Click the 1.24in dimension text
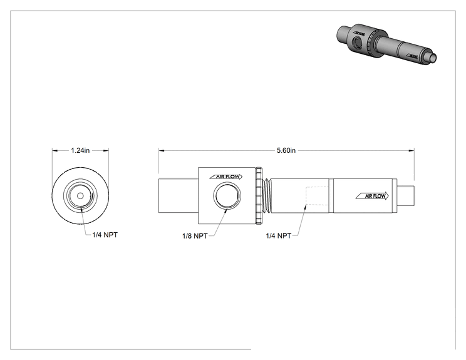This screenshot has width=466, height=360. pyautogui.click(x=80, y=151)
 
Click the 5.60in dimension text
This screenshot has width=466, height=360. pyautogui.click(x=286, y=151)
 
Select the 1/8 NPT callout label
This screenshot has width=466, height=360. pyautogui.click(x=195, y=236)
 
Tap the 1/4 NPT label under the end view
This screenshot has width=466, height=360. pyautogui.click(x=105, y=235)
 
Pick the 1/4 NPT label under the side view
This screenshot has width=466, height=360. pyautogui.click(x=279, y=236)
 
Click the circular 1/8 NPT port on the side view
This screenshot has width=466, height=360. pyautogui.click(x=227, y=196)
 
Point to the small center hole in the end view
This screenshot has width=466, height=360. pyautogui.click(x=80, y=196)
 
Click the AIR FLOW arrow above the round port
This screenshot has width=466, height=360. pyautogui.click(x=226, y=177)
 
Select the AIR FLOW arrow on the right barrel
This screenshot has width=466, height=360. pyautogui.click(x=373, y=196)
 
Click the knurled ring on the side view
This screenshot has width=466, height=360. pyautogui.click(x=259, y=196)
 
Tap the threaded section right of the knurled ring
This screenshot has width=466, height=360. pyautogui.click(x=267, y=196)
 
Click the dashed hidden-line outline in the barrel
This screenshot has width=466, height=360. pyautogui.click(x=317, y=196)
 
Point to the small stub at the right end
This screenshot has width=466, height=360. pyautogui.click(x=406, y=196)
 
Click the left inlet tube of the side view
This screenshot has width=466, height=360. pyautogui.click(x=179, y=196)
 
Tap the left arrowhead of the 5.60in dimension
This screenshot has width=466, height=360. pyautogui.click(x=162, y=151)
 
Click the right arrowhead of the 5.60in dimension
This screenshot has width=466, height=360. pyautogui.click(x=412, y=151)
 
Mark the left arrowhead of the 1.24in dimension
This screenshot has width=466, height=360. pyautogui.click(x=55, y=151)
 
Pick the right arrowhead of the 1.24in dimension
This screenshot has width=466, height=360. pyautogui.click(x=106, y=151)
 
